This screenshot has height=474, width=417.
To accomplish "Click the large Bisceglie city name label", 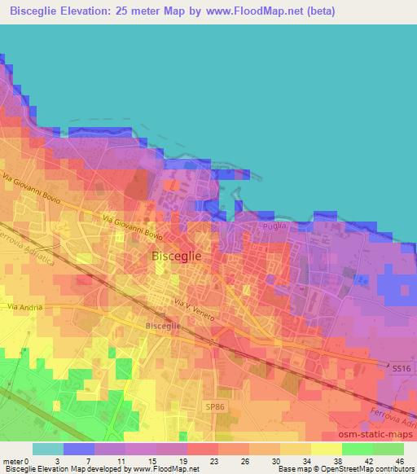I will [x=177, y=256].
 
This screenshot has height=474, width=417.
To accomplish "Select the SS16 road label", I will [x=401, y=368].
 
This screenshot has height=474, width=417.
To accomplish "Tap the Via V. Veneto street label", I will [x=194, y=309].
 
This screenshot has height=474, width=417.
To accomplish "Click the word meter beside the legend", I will [x=14, y=461].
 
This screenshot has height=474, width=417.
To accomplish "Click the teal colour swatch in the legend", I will [x=48, y=449].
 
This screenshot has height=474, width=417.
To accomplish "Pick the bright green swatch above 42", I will [x=358, y=449].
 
